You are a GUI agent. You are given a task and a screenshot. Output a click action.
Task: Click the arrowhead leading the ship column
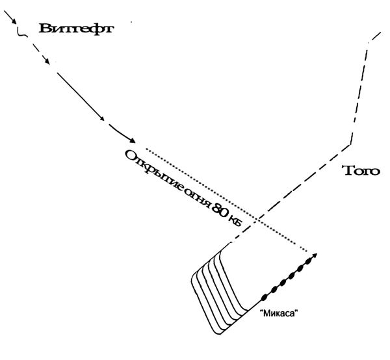pos(315,255)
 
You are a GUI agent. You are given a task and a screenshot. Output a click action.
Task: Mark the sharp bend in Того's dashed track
pos(351,144)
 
